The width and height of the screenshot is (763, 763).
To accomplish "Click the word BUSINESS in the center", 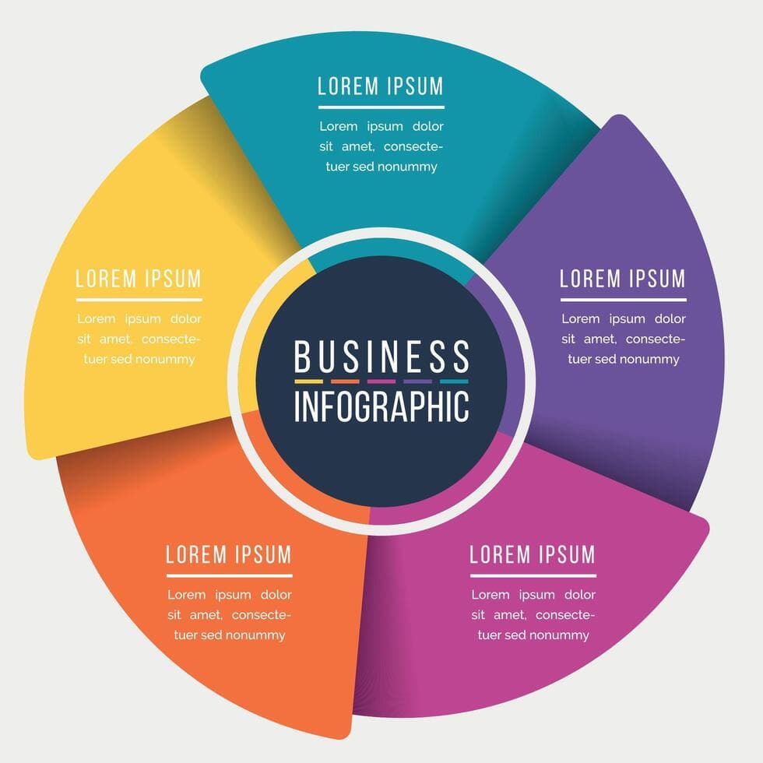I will (381, 357).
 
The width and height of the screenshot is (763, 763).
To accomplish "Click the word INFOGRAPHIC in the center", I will (381, 406).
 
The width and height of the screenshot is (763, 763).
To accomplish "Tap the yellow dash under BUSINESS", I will (308, 381).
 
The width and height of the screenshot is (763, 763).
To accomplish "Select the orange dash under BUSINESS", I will (345, 381).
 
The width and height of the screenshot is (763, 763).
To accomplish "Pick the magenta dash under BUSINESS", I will (381, 381).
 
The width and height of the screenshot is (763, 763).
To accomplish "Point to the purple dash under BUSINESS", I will (418, 381).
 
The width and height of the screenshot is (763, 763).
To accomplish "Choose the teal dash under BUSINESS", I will (454, 381).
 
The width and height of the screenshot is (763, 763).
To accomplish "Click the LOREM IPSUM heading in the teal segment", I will (381, 86).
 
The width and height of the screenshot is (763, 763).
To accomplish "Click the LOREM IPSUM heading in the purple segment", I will (623, 278).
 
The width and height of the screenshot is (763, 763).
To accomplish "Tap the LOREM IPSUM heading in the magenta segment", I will (533, 554).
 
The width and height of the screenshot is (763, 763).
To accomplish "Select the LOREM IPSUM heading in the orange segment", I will (229, 554).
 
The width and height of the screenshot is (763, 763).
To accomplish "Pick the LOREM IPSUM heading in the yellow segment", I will (139, 278).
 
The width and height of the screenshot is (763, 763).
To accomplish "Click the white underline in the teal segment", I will (381, 107).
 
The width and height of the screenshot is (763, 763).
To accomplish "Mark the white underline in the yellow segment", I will (139, 299).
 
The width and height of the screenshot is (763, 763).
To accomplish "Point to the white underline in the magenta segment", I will (533, 575).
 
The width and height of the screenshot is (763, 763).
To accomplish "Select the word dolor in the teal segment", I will (427, 126).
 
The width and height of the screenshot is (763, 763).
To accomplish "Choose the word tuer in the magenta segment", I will (490, 635).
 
